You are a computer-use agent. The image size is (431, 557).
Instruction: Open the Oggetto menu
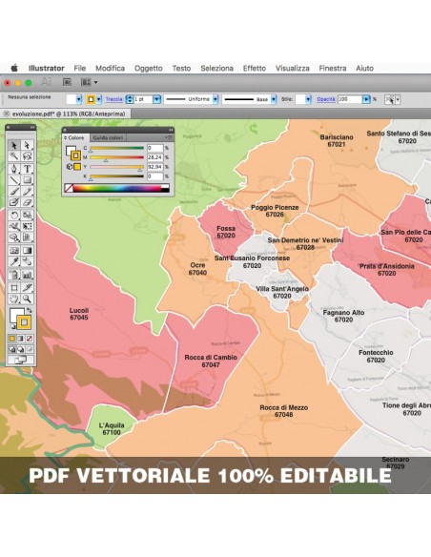click(x=148, y=69)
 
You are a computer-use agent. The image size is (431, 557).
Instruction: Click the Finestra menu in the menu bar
click(x=333, y=69)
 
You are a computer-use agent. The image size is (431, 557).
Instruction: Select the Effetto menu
click(x=255, y=69)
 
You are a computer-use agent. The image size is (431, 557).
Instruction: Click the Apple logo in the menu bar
click(x=14, y=69)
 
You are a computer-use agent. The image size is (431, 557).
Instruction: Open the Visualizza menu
click(x=293, y=69)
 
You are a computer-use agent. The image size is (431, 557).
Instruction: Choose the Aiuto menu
click(x=364, y=69)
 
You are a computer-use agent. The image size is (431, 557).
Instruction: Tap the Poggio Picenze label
click(x=275, y=207)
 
